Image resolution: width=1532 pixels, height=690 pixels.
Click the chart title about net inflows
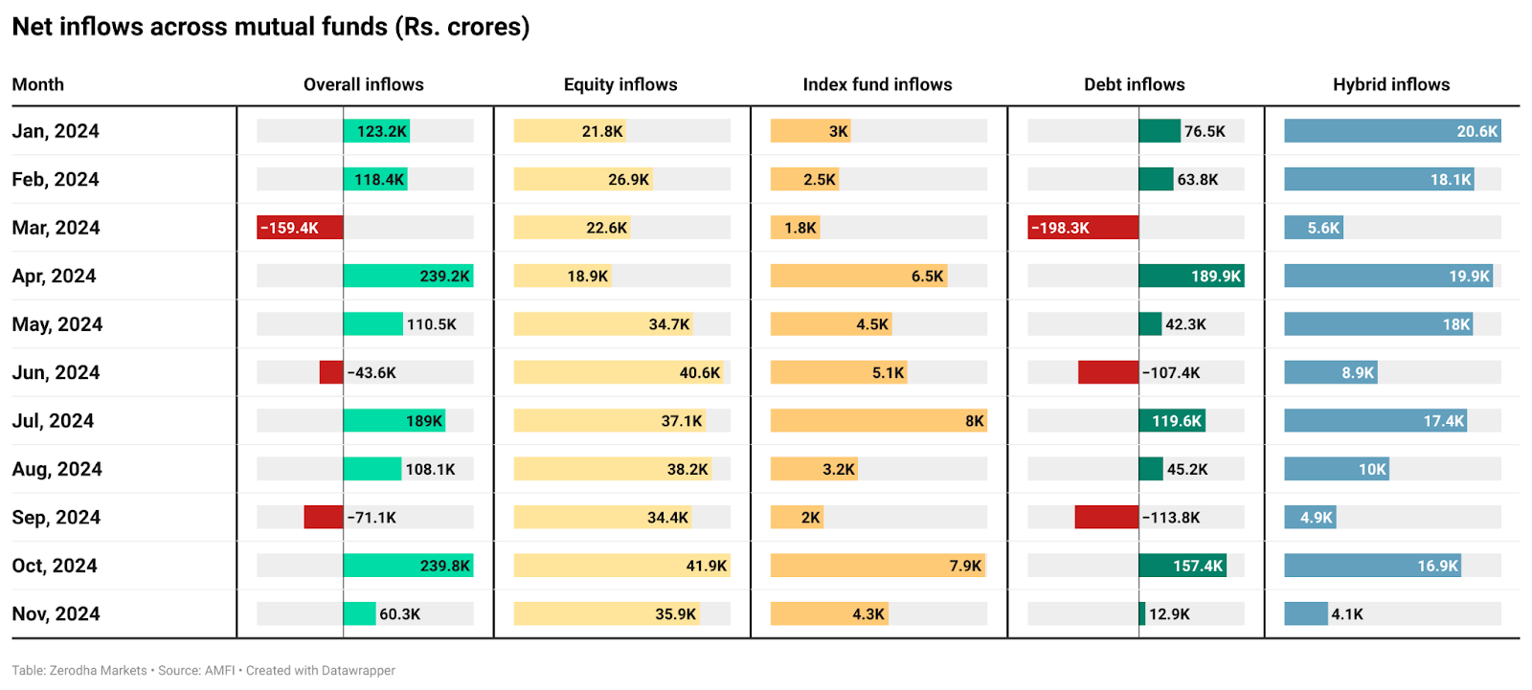click(x=270, y=27)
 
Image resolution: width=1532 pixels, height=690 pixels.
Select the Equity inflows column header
click(x=620, y=84)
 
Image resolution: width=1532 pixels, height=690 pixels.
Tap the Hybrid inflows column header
click(x=1391, y=84)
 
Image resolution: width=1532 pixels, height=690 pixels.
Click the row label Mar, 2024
click(x=56, y=228)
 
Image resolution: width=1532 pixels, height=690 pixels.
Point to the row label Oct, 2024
click(x=55, y=566)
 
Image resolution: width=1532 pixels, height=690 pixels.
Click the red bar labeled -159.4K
click(x=300, y=228)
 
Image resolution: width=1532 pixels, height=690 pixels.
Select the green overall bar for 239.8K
click(x=408, y=566)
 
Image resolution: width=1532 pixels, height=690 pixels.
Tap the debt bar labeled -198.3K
click(x=1083, y=228)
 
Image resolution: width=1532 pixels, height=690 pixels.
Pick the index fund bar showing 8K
click(x=878, y=421)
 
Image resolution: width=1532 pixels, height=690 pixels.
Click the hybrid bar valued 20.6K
click(x=1392, y=131)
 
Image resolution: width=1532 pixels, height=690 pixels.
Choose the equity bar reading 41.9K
click(x=622, y=566)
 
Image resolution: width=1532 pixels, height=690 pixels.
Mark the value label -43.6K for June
click(x=372, y=373)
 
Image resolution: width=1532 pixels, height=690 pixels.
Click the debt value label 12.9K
click(x=1169, y=614)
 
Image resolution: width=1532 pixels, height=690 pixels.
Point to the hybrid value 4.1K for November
click(x=1347, y=614)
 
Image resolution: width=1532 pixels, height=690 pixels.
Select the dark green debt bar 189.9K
click(x=1191, y=276)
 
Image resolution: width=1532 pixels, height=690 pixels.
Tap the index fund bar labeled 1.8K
click(x=795, y=228)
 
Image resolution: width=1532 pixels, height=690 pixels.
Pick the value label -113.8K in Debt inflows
click(x=1171, y=518)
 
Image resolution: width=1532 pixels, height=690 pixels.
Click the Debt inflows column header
click(x=1134, y=84)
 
